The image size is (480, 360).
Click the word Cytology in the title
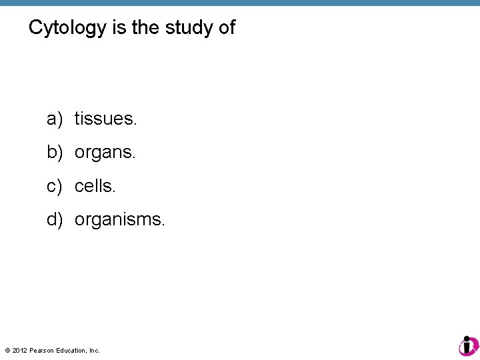67,28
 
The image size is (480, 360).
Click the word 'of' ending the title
226,28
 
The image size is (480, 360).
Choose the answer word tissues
105,119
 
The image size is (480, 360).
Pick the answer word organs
105,153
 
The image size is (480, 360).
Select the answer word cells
95,186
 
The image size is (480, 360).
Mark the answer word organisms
119,219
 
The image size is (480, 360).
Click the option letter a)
55,119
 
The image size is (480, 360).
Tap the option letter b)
55,153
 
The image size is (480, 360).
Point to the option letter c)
55,186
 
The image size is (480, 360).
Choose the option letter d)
55,219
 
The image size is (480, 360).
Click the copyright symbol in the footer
7,350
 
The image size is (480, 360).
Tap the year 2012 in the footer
19,350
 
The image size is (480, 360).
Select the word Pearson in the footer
42,350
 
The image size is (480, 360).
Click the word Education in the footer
71,350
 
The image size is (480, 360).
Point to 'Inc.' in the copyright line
94,350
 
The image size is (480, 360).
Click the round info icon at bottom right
468,345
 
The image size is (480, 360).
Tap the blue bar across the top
240,3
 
